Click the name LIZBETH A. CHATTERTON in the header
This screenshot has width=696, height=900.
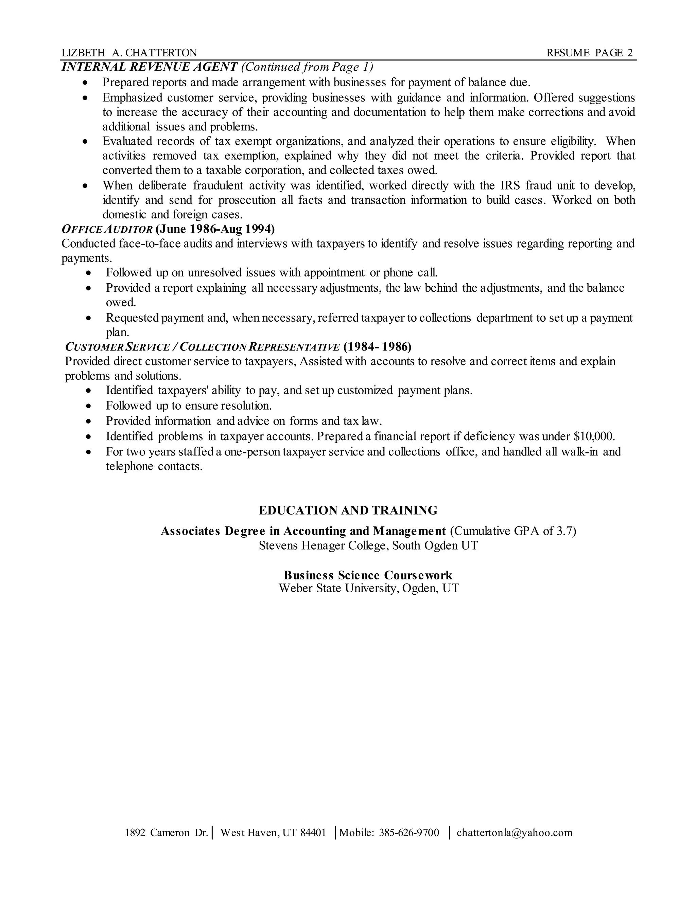[x=129, y=53]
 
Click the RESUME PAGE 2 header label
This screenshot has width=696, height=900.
[x=589, y=53]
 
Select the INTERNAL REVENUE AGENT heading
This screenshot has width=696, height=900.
[x=150, y=67]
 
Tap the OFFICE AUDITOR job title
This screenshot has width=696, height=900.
[x=107, y=229]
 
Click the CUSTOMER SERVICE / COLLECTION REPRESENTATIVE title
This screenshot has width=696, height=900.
[x=203, y=347]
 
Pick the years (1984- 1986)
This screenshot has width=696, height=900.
[x=377, y=347]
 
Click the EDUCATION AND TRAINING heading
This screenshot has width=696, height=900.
[x=348, y=510]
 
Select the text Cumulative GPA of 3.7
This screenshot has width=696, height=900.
[x=513, y=531]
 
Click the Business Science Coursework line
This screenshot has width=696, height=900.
[x=368, y=575]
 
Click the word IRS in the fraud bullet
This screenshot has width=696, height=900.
[x=510, y=185]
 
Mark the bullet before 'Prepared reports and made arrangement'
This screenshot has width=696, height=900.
[x=85, y=83]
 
